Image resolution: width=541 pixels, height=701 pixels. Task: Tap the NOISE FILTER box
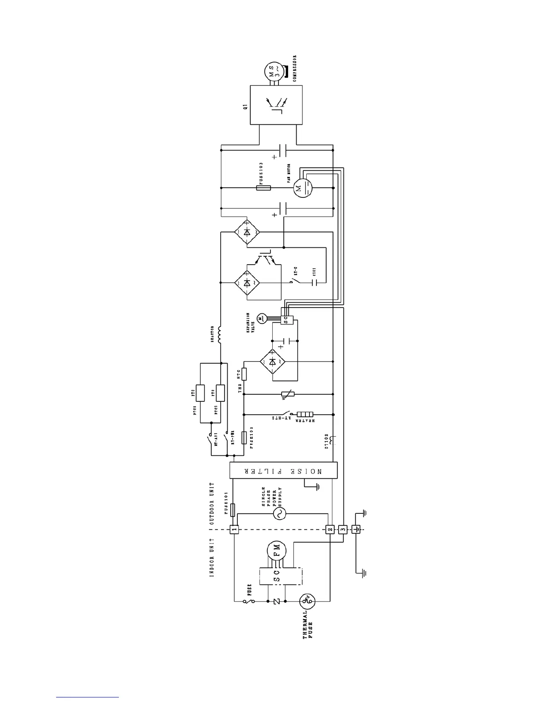click(x=283, y=470)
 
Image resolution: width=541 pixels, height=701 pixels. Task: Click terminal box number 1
click(x=234, y=529)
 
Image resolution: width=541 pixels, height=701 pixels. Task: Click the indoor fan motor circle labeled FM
click(x=277, y=552)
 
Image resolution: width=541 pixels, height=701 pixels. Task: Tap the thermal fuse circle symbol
click(x=307, y=601)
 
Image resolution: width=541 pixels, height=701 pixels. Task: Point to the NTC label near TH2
click(x=239, y=374)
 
